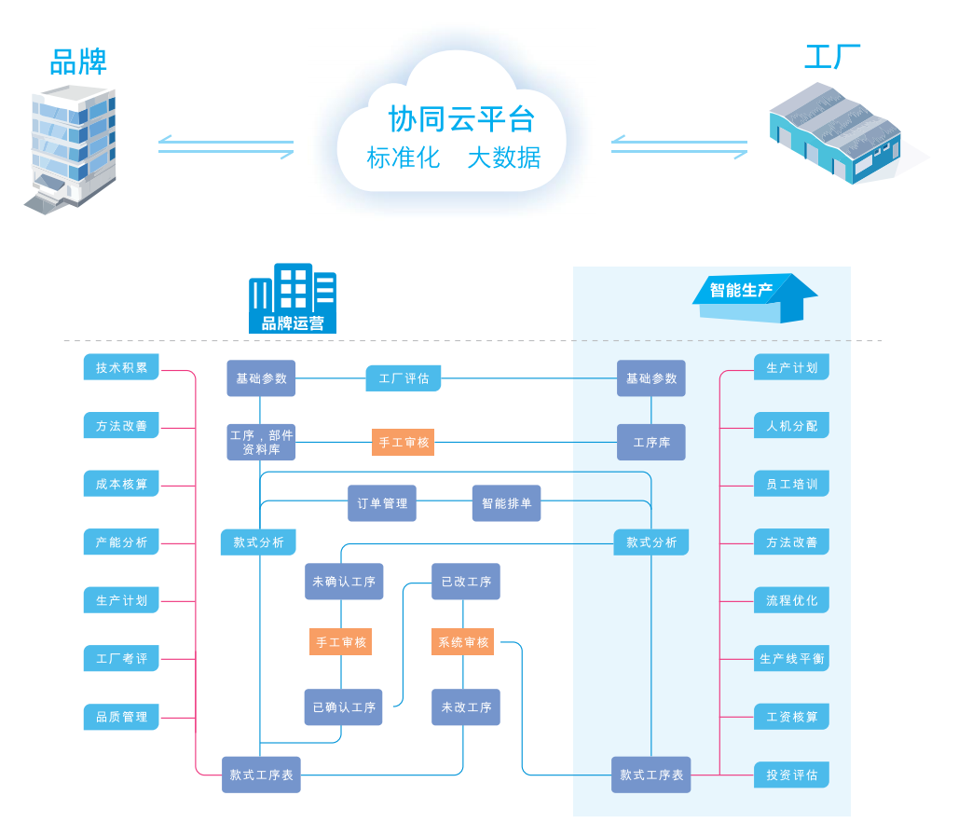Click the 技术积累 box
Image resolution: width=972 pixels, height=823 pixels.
pyautogui.click(x=121, y=367)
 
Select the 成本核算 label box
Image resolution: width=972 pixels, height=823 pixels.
pyautogui.click(x=121, y=484)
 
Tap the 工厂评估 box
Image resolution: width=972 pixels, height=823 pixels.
pyautogui.click(x=404, y=378)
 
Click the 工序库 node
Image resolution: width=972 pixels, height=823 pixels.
pyautogui.click(x=650, y=442)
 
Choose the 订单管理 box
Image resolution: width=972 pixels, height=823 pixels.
pyautogui.click(x=382, y=503)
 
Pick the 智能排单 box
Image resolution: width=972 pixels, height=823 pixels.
pyautogui.click(x=506, y=503)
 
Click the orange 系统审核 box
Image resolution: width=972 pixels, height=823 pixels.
pyautogui.click(x=463, y=642)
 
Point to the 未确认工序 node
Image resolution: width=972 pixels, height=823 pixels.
pyautogui.click(x=344, y=582)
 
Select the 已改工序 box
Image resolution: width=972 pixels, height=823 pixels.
pyautogui.click(x=466, y=582)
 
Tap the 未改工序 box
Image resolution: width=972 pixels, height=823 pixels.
pyautogui.click(x=466, y=707)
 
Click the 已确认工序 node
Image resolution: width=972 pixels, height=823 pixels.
pyautogui.click(x=344, y=707)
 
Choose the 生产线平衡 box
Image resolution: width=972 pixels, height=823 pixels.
pyautogui.click(x=791, y=659)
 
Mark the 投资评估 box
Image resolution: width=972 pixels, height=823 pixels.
pyautogui.click(x=791, y=775)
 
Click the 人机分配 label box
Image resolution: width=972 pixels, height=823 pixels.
pyautogui.click(x=791, y=426)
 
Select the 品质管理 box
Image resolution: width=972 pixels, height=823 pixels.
pyautogui.click(x=121, y=717)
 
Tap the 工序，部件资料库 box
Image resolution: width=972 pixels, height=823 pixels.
pyautogui.click(x=261, y=442)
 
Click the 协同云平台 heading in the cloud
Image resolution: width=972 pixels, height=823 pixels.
pyautogui.click(x=461, y=119)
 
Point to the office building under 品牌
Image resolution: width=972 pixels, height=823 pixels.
pyautogui.click(x=71, y=149)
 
